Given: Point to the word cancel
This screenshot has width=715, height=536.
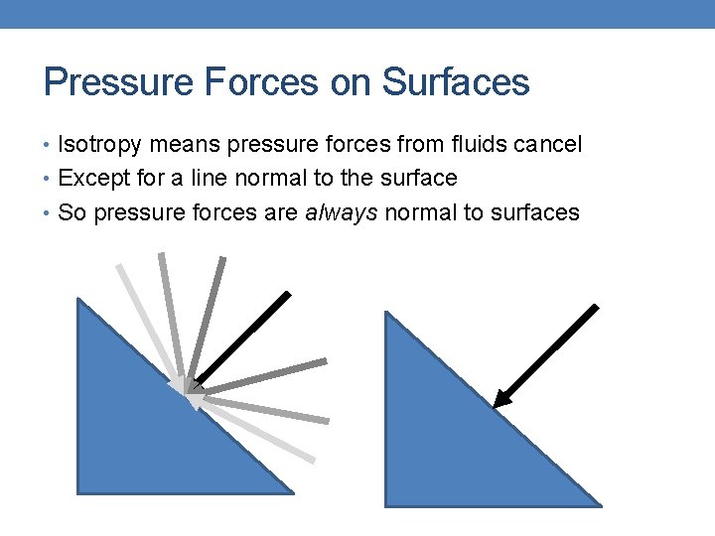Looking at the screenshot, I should click(547, 146).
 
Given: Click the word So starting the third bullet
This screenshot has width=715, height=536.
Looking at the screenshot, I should click(71, 212).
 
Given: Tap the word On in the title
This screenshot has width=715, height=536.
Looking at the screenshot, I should click(350, 82).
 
